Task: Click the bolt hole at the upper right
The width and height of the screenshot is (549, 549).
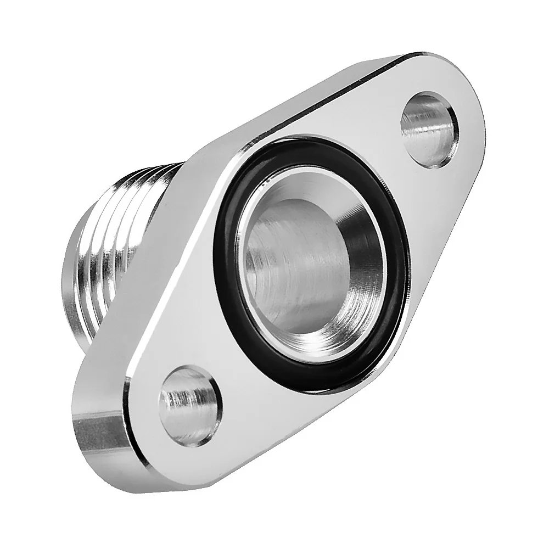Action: (x=429, y=130)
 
